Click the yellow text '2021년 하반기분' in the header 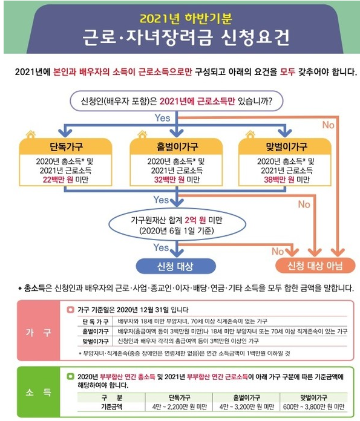click(186, 18)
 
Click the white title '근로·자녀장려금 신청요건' click(186, 37)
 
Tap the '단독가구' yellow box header click(65, 146)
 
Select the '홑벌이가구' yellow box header click(176, 146)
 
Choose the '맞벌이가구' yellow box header click(285, 146)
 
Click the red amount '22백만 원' click(57, 180)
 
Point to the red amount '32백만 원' click(169, 180)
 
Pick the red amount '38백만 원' click(279, 180)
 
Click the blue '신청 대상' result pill click(175, 266)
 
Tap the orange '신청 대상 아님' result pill click(315, 266)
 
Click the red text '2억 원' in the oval click(195, 220)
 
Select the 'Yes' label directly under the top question click(162, 118)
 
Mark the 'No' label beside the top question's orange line click(328, 125)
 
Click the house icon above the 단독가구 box click(31, 134)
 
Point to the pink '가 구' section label click(38, 333)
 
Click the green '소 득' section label click(38, 393)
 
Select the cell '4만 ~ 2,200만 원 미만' click(179, 406)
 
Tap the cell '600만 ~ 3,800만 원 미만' click(313, 406)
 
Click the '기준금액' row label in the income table click(111, 406)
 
